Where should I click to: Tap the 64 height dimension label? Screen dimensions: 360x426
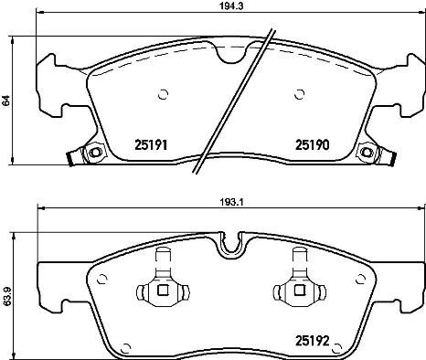pos(5,103)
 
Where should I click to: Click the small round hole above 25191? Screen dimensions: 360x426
pos(163,92)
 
